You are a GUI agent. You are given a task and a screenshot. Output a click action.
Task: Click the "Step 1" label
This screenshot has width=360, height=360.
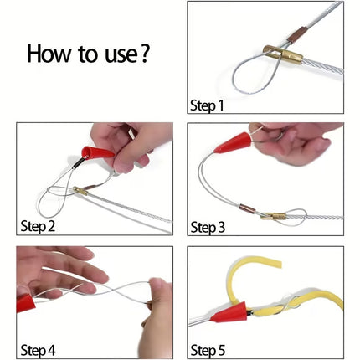[207, 105]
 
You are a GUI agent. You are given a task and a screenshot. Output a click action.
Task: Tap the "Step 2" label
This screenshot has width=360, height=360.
[38, 226]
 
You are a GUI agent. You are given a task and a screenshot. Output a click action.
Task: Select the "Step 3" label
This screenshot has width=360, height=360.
[208, 227]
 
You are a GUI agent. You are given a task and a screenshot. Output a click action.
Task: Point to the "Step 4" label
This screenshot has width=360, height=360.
[38, 350]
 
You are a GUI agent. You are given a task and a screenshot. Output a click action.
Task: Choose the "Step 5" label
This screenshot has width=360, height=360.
[208, 351]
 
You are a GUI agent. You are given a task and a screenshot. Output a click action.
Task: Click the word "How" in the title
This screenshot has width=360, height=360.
[49, 54]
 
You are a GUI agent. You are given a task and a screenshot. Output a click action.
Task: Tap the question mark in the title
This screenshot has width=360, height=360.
[144, 54]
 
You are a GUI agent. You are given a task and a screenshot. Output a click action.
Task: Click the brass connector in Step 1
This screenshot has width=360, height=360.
[283, 54]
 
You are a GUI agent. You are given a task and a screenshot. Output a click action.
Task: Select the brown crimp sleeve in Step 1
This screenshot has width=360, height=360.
[297, 35]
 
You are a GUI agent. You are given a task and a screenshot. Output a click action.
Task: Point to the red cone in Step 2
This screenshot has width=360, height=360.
[97, 153]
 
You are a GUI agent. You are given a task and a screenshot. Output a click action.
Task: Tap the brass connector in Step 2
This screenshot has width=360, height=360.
[81, 191]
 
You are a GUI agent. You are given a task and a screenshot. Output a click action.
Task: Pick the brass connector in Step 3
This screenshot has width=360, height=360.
[274, 216]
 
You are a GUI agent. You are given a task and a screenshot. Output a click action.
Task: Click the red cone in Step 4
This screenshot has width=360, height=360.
[25, 303]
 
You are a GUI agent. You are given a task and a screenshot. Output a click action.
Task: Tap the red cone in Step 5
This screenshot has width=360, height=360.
[229, 312]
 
